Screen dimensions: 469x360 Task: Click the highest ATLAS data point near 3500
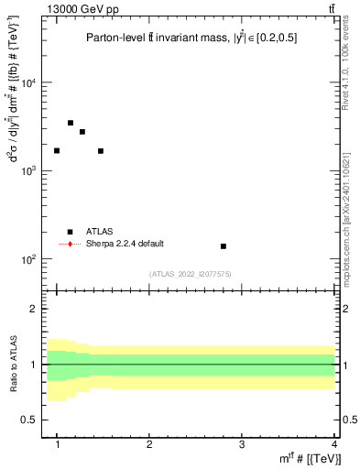[71, 123]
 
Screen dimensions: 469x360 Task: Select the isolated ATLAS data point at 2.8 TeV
[224, 246]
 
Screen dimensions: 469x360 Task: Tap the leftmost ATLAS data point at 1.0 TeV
[57, 150]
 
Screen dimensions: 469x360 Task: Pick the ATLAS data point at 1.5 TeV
[101, 151]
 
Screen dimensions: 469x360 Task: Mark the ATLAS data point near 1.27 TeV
[82, 132]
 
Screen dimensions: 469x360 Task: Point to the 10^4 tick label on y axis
[29, 83]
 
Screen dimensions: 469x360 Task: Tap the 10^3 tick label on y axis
[29, 171]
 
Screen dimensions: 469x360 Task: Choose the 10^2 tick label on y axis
[29, 259]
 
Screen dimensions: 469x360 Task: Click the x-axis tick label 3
[241, 443]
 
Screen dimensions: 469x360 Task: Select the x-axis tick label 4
[333, 443]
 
